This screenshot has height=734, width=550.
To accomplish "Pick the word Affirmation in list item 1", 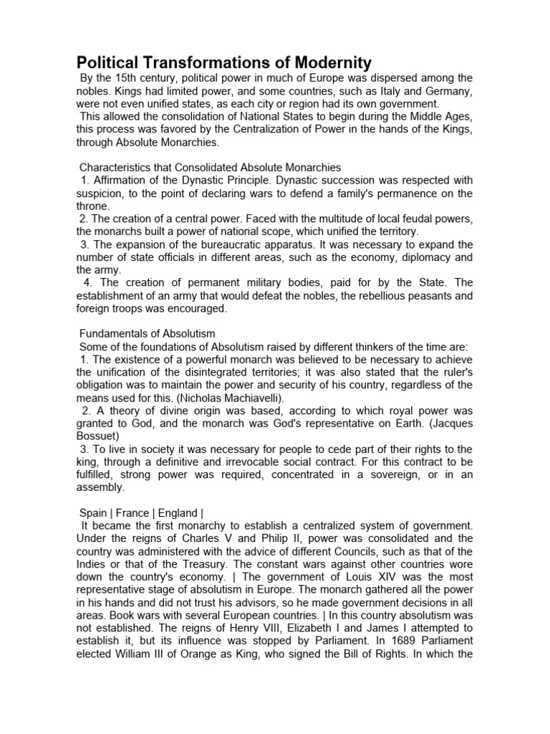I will (x=119, y=181).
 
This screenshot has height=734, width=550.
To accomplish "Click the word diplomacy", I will (x=425, y=258).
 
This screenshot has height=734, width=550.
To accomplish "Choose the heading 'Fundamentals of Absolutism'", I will (x=147, y=334).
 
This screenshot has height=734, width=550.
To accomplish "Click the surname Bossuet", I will (x=99, y=437).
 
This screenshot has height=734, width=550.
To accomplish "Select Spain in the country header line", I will (x=94, y=513).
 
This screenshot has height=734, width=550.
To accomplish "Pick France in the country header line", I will (x=132, y=513).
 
